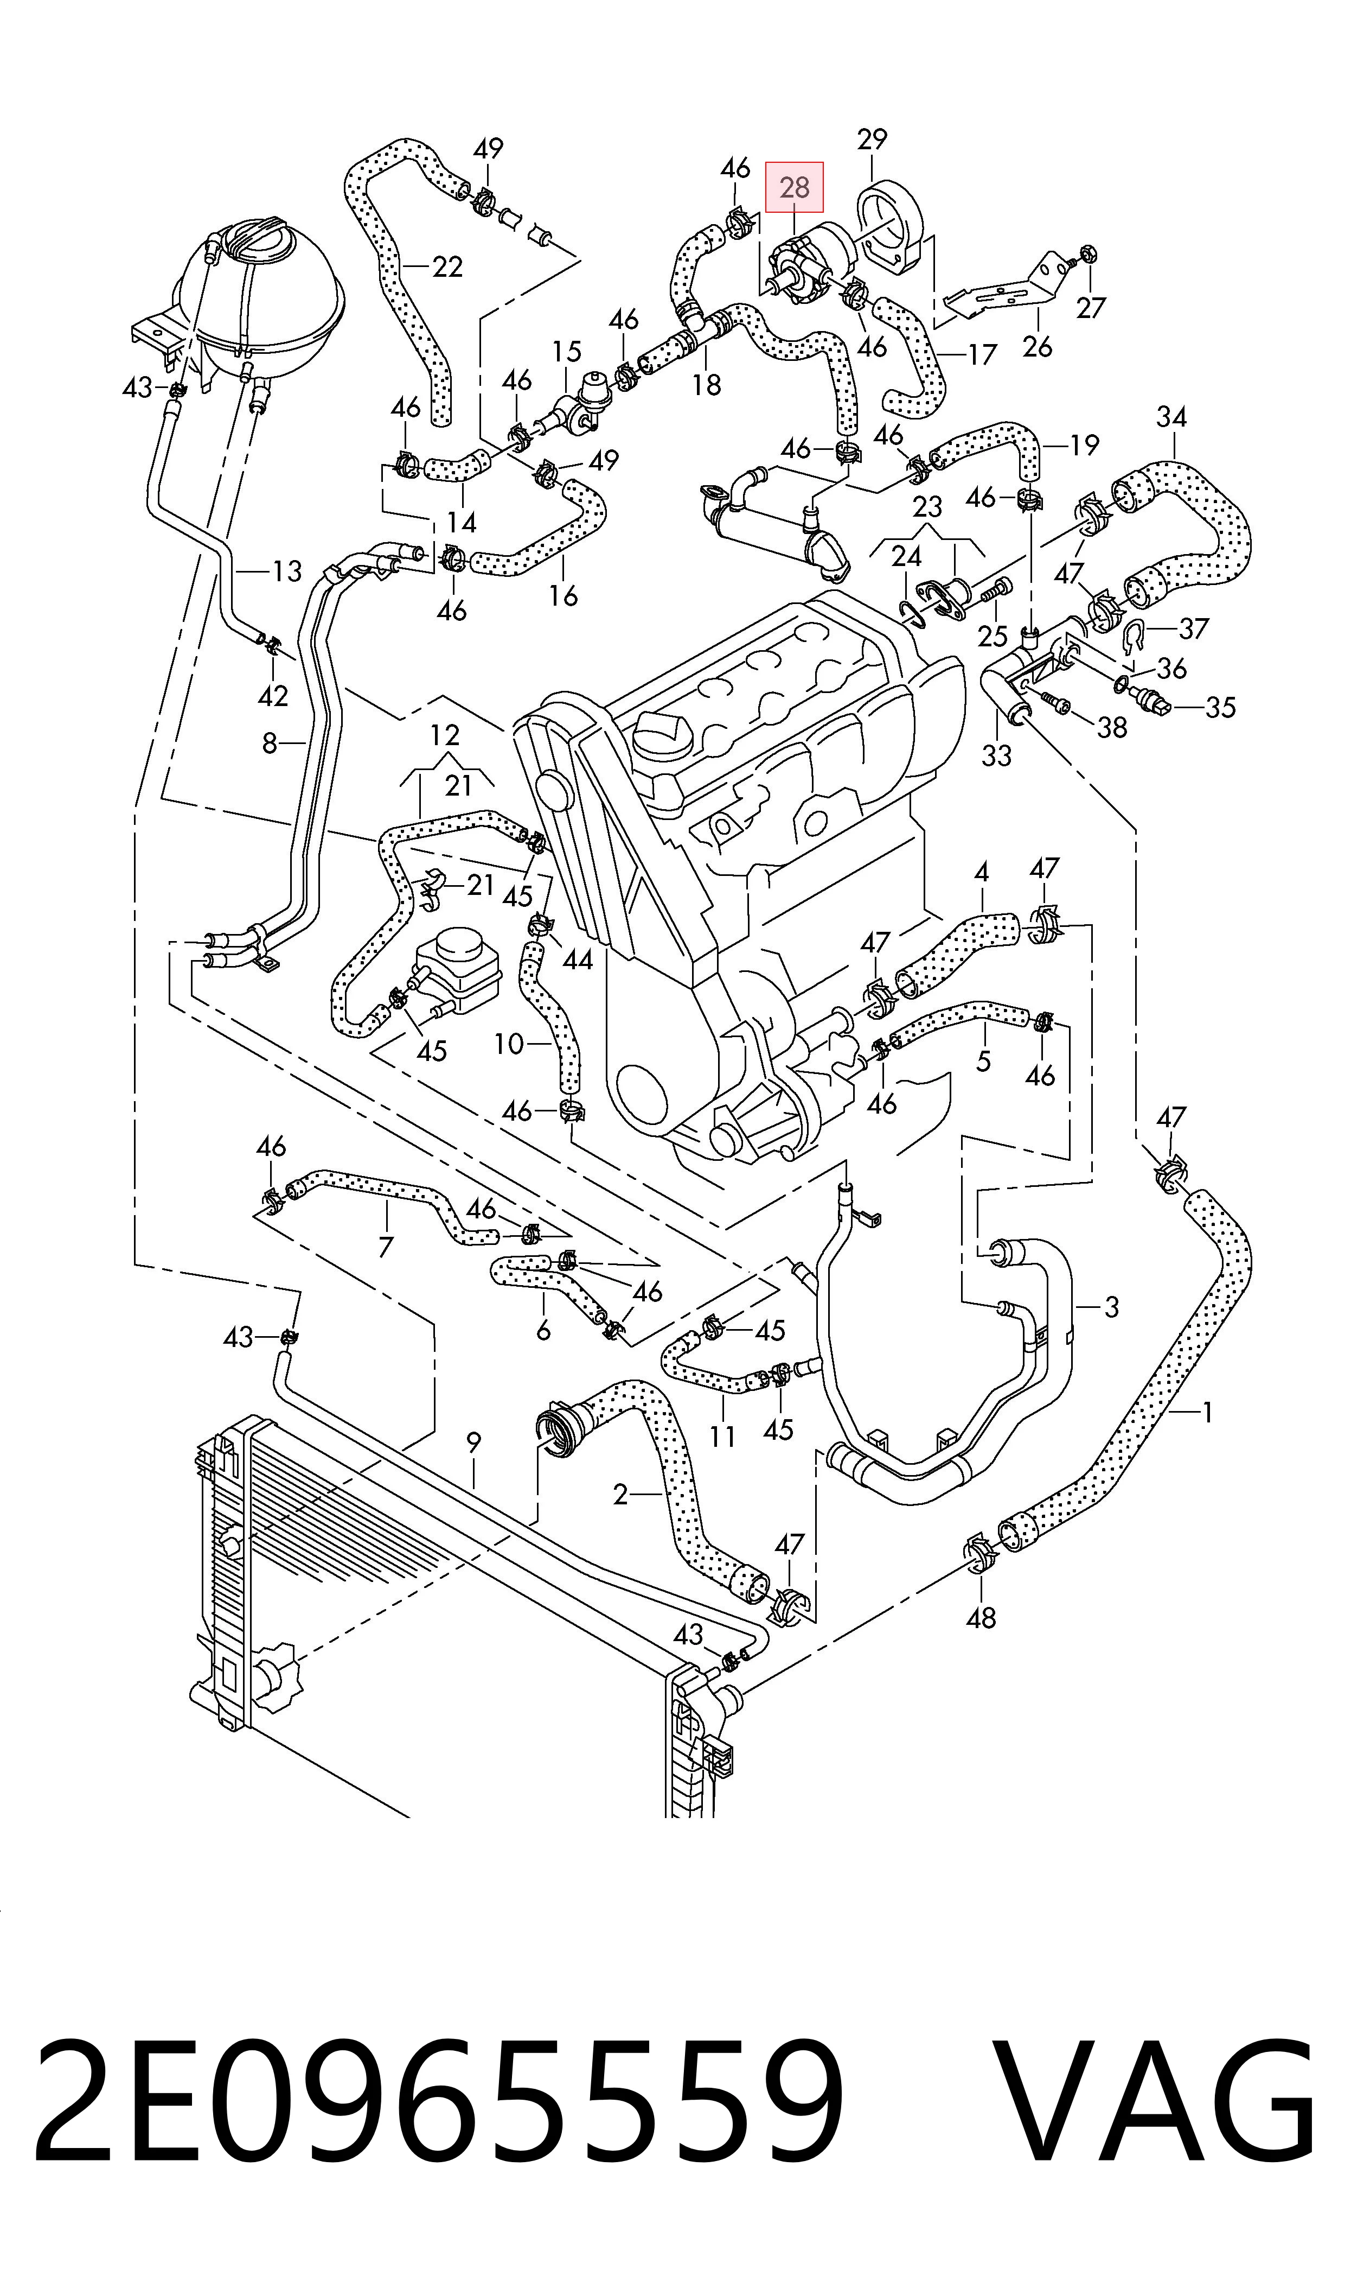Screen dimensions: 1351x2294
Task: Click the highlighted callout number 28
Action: click(x=794, y=188)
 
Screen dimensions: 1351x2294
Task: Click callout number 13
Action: click(x=287, y=572)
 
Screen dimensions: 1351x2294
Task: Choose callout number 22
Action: click(x=447, y=267)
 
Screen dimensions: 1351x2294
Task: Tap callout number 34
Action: click(x=1171, y=417)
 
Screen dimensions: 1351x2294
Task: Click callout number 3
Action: click(x=1112, y=1307)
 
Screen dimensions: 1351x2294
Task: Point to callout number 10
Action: click(x=509, y=1044)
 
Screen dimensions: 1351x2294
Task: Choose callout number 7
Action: click(x=385, y=1247)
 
